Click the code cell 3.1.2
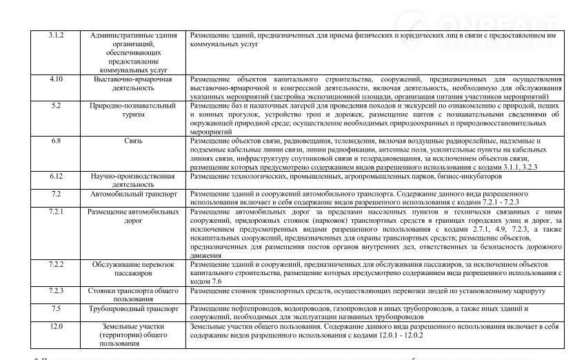[x=56, y=35]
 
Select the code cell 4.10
[x=56, y=79]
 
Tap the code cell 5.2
[x=56, y=106]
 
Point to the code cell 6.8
[x=56, y=141]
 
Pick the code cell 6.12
[x=56, y=176]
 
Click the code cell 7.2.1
[x=56, y=211]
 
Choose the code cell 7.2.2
[x=56, y=264]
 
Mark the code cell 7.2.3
[x=56, y=290]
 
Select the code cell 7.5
[x=56, y=308]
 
